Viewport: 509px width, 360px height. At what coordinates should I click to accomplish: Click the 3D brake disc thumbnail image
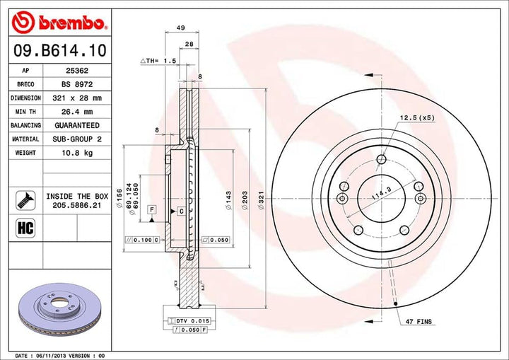(62, 309)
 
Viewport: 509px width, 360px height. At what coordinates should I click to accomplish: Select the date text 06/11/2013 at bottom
(53, 355)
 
